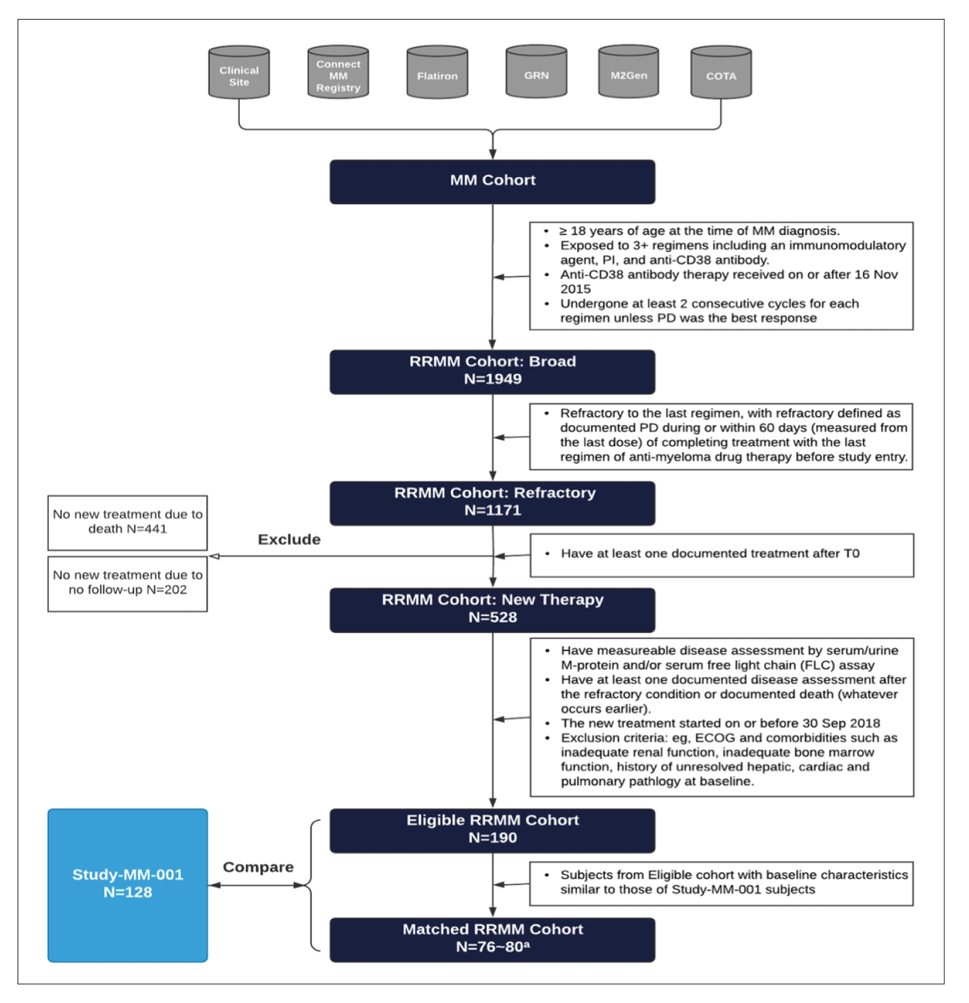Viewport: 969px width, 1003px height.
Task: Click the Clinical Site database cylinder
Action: pyautogui.click(x=239, y=73)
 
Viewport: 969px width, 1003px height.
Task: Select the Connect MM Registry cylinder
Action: pyautogui.click(x=338, y=73)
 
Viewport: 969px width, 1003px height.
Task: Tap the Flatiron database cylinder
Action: pyautogui.click(x=437, y=73)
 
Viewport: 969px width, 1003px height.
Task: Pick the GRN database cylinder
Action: pyautogui.click(x=536, y=72)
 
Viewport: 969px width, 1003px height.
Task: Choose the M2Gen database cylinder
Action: pyautogui.click(x=628, y=72)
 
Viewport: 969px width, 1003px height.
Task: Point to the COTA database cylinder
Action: pyautogui.click(x=721, y=73)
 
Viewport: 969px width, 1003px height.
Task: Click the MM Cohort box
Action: pyautogui.click(x=492, y=182)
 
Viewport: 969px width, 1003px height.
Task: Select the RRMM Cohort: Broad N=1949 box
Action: pyautogui.click(x=492, y=371)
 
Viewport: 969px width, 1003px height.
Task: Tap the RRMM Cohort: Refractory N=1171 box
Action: pyautogui.click(x=492, y=503)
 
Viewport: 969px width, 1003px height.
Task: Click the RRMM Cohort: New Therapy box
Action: pyautogui.click(x=492, y=609)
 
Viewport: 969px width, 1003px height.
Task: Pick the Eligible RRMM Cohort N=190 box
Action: pyautogui.click(x=492, y=830)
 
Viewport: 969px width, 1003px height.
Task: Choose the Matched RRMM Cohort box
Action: pyautogui.click(x=492, y=940)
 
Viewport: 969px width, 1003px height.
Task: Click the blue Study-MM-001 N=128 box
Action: pyautogui.click(x=128, y=885)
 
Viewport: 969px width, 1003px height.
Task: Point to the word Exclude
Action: pyautogui.click(x=289, y=540)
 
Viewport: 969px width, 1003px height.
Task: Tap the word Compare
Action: pyautogui.click(x=258, y=867)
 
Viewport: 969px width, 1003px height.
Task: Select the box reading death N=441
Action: pyautogui.click(x=128, y=523)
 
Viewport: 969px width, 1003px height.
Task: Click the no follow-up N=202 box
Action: pyautogui.click(x=128, y=583)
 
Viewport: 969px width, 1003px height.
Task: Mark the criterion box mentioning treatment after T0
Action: pyautogui.click(x=722, y=555)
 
